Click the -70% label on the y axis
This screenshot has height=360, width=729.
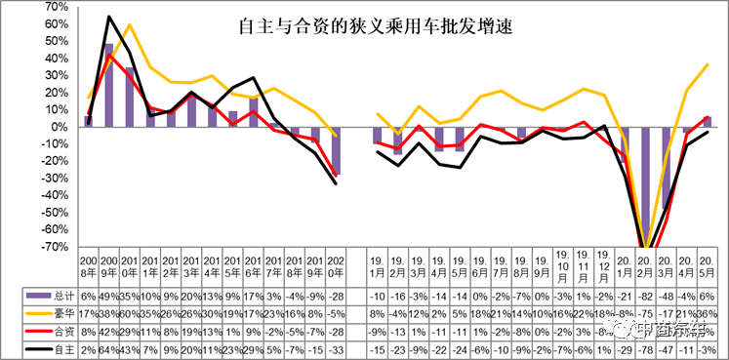[50, 246]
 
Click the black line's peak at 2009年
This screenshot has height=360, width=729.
[108, 17]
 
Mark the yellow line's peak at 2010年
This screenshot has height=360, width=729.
[130, 24]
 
